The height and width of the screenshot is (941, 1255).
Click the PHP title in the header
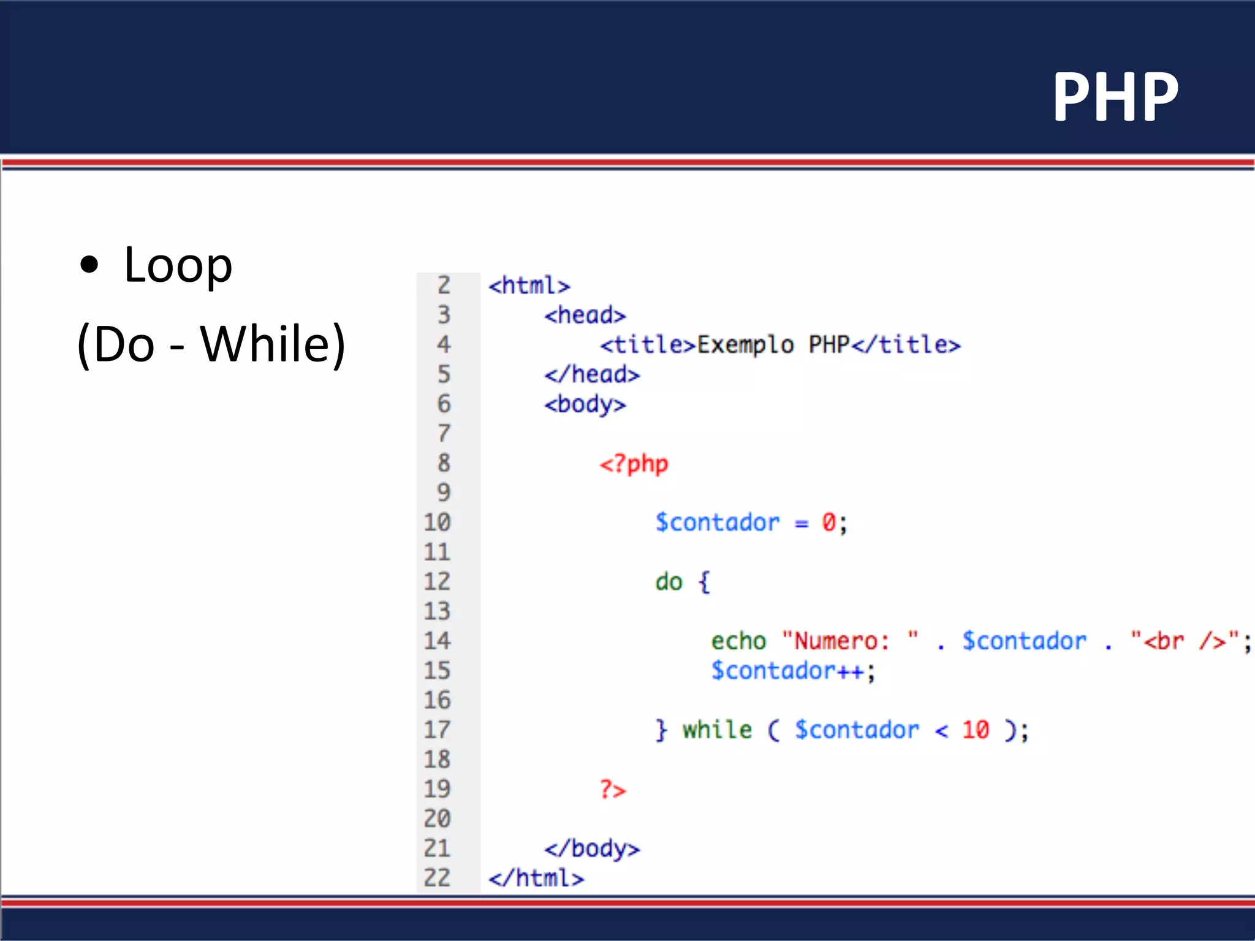tap(1115, 97)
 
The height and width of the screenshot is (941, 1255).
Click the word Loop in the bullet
tap(178, 265)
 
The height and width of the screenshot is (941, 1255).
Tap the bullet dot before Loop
tap(89, 265)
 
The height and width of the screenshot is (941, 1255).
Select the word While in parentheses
tap(266, 344)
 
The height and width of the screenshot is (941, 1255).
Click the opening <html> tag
tap(529, 285)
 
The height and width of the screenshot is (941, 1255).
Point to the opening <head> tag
tap(585, 316)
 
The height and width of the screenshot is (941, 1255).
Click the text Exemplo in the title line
tap(745, 345)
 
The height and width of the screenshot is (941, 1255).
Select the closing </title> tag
tap(906, 345)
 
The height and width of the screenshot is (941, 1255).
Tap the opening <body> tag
tap(585, 404)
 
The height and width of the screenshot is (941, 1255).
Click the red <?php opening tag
tap(634, 464)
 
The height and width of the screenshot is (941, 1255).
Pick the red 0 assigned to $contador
tap(828, 523)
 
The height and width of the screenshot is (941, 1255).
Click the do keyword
tap(669, 582)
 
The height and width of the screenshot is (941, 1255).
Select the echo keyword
tap(738, 641)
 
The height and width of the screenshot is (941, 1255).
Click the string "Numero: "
tap(850, 641)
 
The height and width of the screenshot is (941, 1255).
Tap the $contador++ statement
tap(793, 671)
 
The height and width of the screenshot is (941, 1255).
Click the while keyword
tap(717, 730)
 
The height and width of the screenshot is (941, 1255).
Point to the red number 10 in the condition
tap(975, 730)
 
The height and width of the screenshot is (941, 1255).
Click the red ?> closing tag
tap(613, 790)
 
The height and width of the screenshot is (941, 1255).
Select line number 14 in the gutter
tap(437, 641)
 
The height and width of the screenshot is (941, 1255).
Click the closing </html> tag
tap(536, 879)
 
